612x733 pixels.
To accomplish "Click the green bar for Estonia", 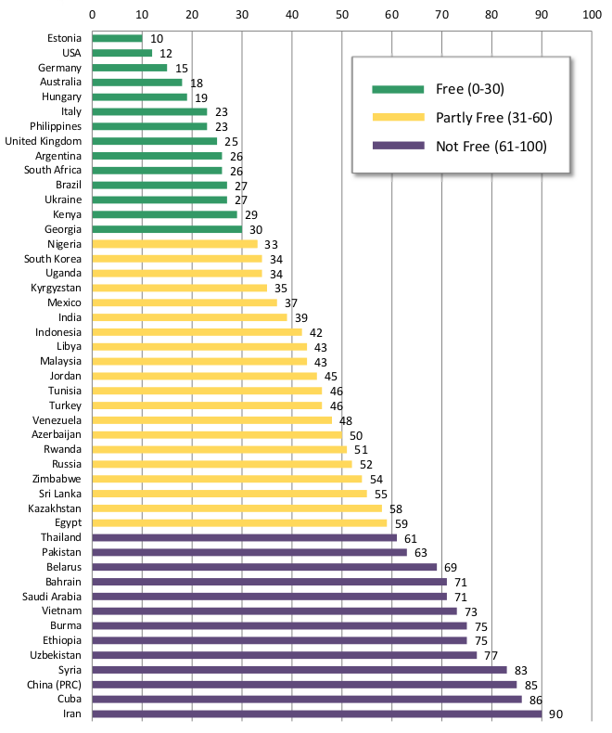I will tap(117, 38).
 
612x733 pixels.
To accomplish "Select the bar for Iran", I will tap(317, 714).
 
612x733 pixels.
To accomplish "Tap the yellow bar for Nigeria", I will tap(174, 244).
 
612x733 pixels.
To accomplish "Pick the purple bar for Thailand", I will tap(245, 537).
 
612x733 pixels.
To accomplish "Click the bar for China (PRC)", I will tap(304, 685).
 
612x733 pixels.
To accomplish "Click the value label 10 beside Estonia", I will tap(157, 38).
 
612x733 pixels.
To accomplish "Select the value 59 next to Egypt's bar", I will tap(402, 523).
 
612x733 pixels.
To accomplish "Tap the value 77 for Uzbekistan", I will tap(491, 655).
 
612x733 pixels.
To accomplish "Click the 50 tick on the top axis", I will tap(341, 14).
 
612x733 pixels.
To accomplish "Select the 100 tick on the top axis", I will tap(590, 14).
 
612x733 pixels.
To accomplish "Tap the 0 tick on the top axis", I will tap(92, 14).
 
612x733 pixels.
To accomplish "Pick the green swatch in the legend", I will tap(398, 89).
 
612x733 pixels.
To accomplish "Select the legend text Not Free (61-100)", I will tap(491, 147).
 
